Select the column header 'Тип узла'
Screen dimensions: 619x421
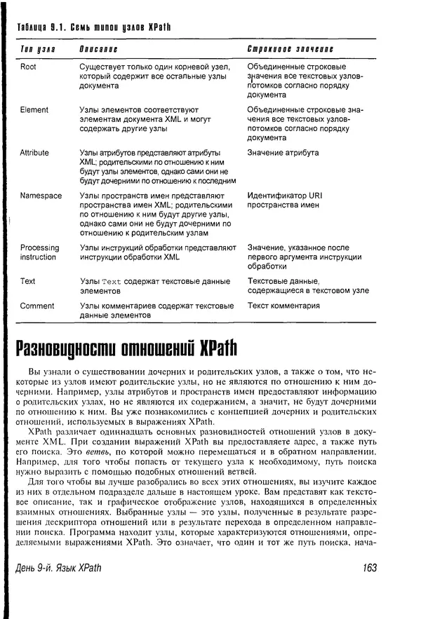37,50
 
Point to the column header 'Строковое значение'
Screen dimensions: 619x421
290,50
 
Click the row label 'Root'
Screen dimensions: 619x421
29,67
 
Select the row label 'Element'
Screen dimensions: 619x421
34,110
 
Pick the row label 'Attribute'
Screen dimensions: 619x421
34,153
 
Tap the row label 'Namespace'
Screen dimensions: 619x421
41,196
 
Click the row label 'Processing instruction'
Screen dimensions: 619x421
39,252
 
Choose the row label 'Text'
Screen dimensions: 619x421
27,281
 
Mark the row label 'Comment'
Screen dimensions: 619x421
36,306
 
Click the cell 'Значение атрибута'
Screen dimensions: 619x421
283,153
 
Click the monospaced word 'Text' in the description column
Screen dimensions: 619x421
112,282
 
